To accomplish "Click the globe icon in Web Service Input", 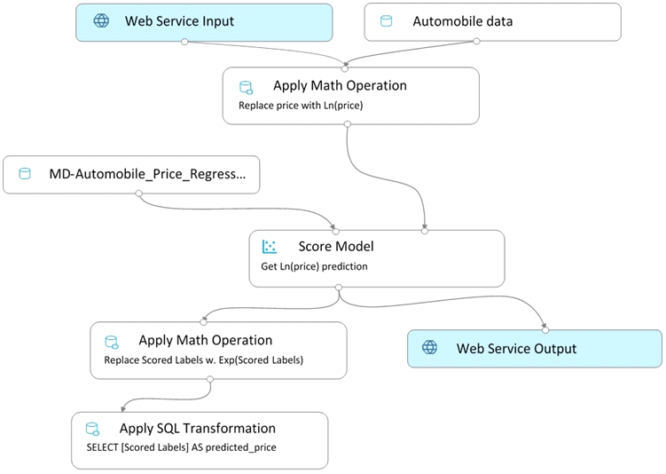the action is click(x=101, y=20).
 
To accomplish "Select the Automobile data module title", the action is click(x=463, y=21).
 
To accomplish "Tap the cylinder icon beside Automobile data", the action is click(x=386, y=20).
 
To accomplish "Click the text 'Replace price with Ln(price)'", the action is click(x=301, y=106).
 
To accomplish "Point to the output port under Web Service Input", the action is click(x=184, y=42).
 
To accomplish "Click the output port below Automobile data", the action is click(x=476, y=41).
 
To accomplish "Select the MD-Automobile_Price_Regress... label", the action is click(x=147, y=174).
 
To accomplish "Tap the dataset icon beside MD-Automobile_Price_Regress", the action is click(x=25, y=173).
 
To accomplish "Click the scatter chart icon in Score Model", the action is click(x=270, y=247).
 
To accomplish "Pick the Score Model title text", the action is click(x=336, y=246).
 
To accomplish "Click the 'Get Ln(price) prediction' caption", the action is click(x=314, y=266).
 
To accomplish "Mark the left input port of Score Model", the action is click(x=336, y=232).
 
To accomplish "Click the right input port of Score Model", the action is click(x=424, y=231).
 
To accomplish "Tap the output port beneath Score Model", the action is click(x=339, y=288).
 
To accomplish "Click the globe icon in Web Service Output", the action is click(x=429, y=347).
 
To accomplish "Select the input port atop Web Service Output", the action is click(x=545, y=330).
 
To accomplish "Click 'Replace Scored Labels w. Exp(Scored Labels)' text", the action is click(x=203, y=360).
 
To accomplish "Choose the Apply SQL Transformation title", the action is click(x=198, y=428).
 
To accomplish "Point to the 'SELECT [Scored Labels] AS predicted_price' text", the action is click(x=182, y=447).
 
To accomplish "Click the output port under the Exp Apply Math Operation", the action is click(x=210, y=379).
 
